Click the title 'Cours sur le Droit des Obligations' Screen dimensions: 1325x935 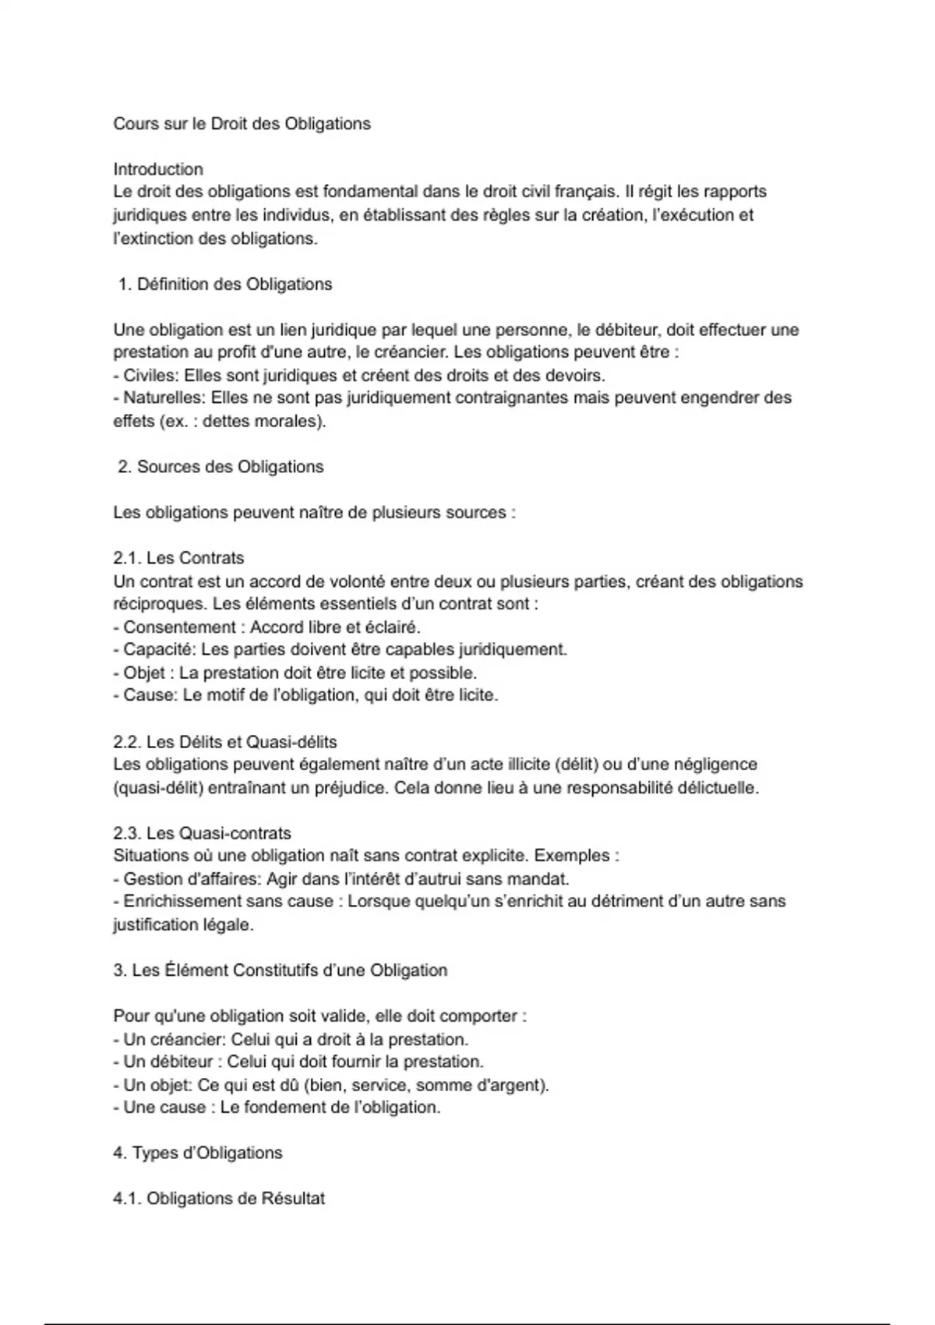tap(242, 124)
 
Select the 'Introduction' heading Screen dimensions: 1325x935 tap(158, 169)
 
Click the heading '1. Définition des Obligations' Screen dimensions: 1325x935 tap(225, 284)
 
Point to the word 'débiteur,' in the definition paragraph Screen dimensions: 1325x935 tap(616, 330)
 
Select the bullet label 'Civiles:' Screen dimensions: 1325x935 tap(151, 376)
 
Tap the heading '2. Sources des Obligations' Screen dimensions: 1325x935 tap(221, 467)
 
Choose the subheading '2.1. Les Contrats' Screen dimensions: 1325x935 tap(178, 558)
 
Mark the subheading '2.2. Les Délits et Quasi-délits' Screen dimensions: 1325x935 tap(225, 742)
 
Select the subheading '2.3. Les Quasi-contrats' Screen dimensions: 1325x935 tap(202, 833)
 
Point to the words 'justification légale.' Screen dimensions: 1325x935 tap(183, 925)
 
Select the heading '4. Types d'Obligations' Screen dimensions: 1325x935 tap(197, 1154)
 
